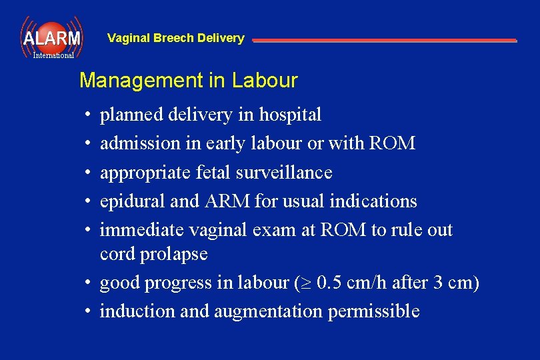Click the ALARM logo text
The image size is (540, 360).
click(51, 38)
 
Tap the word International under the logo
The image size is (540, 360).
click(53, 56)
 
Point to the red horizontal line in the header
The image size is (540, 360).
click(384, 41)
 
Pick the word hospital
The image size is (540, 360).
click(290, 115)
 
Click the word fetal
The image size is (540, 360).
click(212, 172)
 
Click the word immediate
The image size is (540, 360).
click(141, 230)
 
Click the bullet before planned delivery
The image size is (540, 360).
click(88, 115)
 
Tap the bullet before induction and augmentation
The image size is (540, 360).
click(88, 312)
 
